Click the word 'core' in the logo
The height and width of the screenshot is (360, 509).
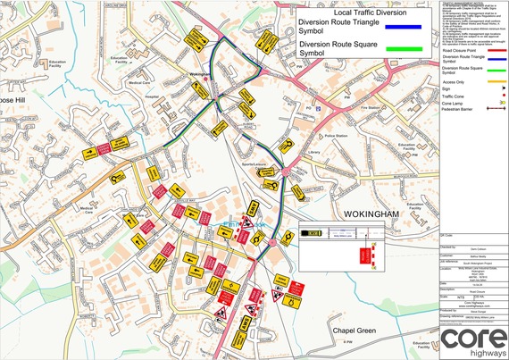point(472,337)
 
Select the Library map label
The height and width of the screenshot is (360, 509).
point(313,152)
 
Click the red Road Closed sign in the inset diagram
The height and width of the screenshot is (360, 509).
point(364,255)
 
